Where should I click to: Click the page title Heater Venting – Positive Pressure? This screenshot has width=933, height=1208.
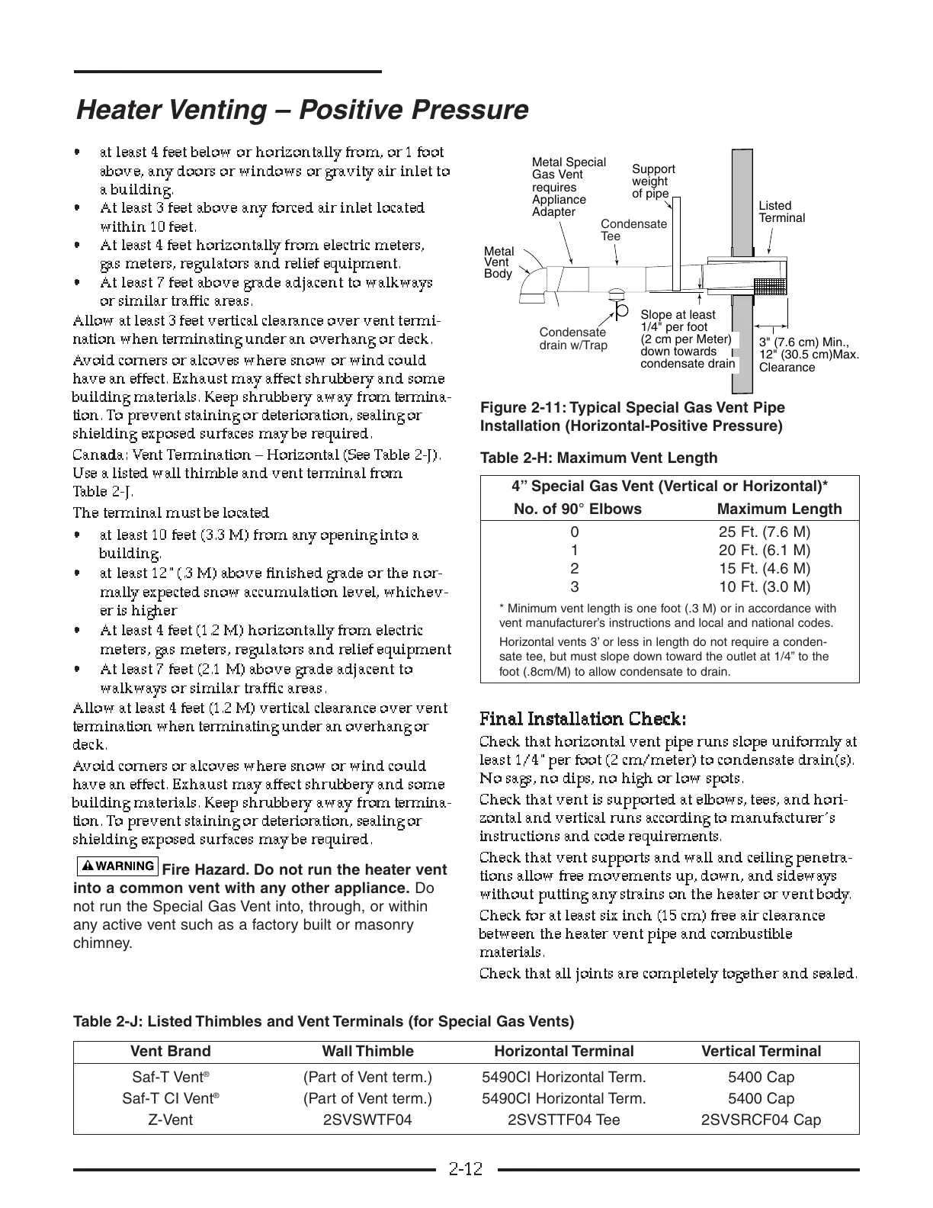pyautogui.click(x=302, y=110)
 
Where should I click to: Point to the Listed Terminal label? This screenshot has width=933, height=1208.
pyautogui.click(x=781, y=212)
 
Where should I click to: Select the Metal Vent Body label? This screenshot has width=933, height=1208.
pyautogui.click(x=499, y=262)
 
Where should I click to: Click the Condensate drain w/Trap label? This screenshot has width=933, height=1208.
pyautogui.click(x=573, y=339)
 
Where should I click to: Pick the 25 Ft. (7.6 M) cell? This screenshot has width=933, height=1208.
pyautogui.click(x=765, y=532)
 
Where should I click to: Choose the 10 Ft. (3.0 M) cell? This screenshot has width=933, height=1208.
pyautogui.click(x=765, y=586)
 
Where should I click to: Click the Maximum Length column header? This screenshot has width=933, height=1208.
pyautogui.click(x=780, y=509)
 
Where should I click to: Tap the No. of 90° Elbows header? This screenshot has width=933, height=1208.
pyautogui.click(x=578, y=509)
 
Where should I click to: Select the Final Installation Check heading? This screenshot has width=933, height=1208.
pyautogui.click(x=583, y=719)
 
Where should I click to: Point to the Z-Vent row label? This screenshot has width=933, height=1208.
pyautogui.click(x=171, y=1120)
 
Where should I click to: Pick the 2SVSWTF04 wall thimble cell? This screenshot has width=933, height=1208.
pyautogui.click(x=367, y=1120)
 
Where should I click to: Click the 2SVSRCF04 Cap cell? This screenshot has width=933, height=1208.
pyautogui.click(x=761, y=1120)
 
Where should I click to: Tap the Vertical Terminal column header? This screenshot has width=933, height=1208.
pyautogui.click(x=761, y=1052)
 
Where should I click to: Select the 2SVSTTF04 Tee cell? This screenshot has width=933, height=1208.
pyautogui.click(x=563, y=1120)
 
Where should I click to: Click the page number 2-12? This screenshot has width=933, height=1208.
pyautogui.click(x=466, y=1169)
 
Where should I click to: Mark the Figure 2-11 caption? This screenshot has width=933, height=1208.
pyautogui.click(x=632, y=416)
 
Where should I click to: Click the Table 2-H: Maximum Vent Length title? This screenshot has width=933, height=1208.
pyautogui.click(x=598, y=458)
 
